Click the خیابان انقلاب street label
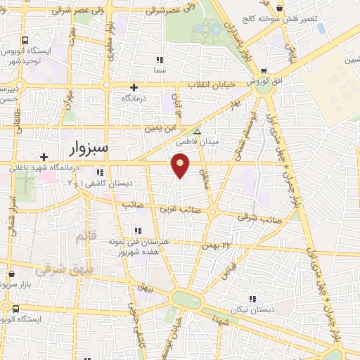coord(211,84)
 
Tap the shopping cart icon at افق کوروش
coord(264,71)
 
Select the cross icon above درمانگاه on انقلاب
coord(134,88)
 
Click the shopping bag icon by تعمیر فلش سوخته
coord(281,8)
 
